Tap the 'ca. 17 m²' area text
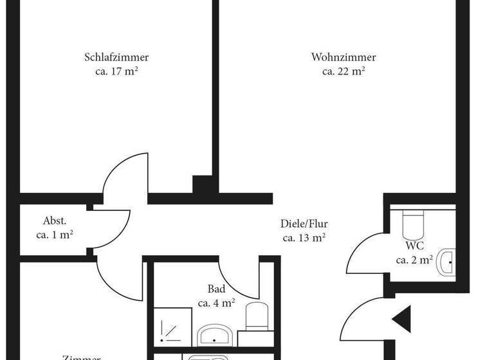(x=116, y=71)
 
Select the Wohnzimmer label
(x=343, y=57)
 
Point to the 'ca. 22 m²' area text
(x=343, y=71)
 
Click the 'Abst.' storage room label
(x=55, y=221)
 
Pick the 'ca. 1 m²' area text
(x=55, y=235)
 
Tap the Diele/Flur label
(x=304, y=224)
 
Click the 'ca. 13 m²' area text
(x=304, y=238)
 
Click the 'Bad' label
(x=216, y=289)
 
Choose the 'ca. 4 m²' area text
(x=216, y=303)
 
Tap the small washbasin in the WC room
(x=446, y=262)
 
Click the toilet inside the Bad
(x=257, y=316)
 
